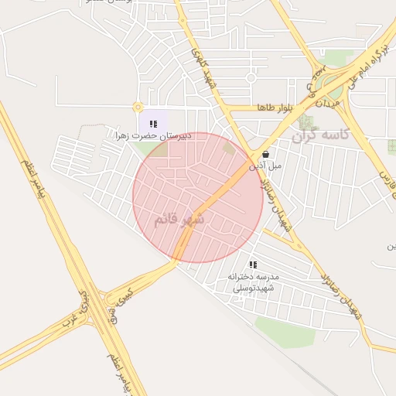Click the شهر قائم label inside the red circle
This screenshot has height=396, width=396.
[179, 219]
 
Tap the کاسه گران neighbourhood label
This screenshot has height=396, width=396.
[320, 135]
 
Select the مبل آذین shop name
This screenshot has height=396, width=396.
[265, 165]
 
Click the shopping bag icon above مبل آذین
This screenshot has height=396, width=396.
[265, 154]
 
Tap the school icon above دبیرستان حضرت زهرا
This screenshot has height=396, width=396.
[153, 124]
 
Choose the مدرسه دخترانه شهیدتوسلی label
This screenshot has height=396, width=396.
[253, 282]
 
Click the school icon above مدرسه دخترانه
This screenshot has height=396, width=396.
[252, 265]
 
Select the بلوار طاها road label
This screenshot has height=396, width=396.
[276, 107]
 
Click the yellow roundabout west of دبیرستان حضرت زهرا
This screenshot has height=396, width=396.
[138, 108]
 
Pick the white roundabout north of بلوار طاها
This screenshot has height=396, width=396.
[251, 77]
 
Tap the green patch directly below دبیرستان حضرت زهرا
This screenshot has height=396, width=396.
[159, 148]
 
